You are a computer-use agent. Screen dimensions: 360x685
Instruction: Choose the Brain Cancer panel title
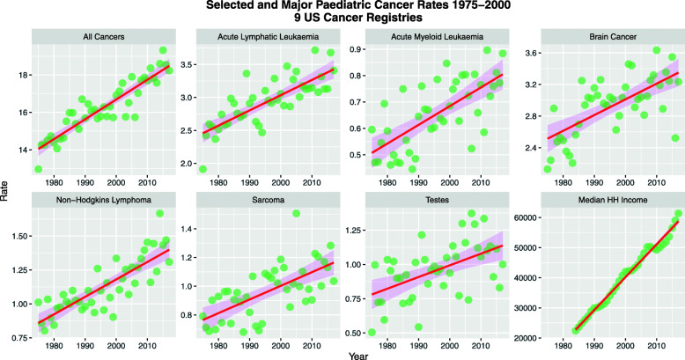(601, 38)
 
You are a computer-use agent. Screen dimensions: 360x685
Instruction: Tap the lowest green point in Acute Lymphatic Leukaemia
(203, 169)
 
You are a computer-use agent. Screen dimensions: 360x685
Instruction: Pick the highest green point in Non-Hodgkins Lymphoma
(160, 213)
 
